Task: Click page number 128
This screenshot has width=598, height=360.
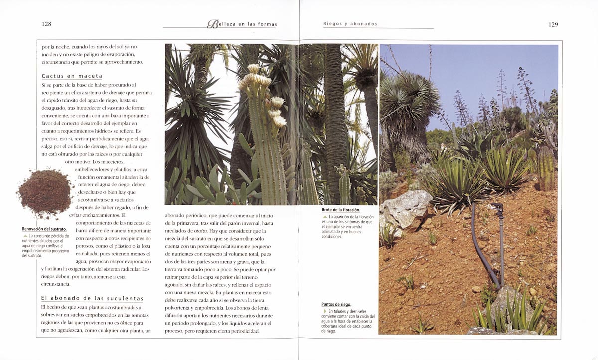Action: click(x=47, y=24)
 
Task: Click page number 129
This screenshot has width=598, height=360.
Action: click(x=553, y=24)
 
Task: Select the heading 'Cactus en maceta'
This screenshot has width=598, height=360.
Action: click(x=72, y=76)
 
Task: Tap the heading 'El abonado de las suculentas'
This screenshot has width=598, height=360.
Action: click(x=92, y=298)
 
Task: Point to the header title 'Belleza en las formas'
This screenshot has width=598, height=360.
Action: click(x=242, y=24)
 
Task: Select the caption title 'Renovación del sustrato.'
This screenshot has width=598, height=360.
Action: click(x=44, y=229)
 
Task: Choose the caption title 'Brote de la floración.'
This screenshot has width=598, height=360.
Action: click(x=341, y=210)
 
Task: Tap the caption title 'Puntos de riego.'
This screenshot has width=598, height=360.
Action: click(x=336, y=304)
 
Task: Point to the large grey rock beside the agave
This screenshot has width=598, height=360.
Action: click(x=405, y=208)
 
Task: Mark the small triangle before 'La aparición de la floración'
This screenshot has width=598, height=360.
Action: click(x=325, y=217)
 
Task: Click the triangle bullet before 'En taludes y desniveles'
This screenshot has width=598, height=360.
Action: click(x=324, y=311)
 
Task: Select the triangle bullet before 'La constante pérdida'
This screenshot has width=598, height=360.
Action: click(x=25, y=235)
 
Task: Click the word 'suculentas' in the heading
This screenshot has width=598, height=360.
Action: click(x=125, y=298)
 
